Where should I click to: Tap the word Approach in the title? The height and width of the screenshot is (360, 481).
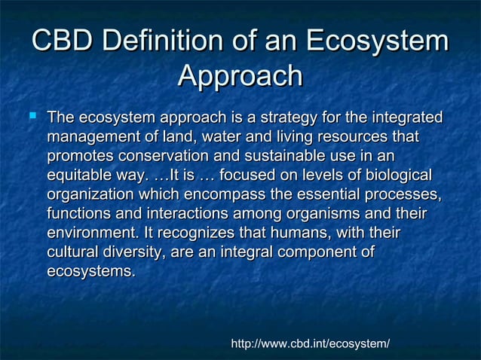[x=240, y=78]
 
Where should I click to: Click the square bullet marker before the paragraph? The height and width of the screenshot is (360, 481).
[x=32, y=117]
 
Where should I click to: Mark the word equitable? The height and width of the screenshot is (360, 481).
[x=80, y=176]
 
